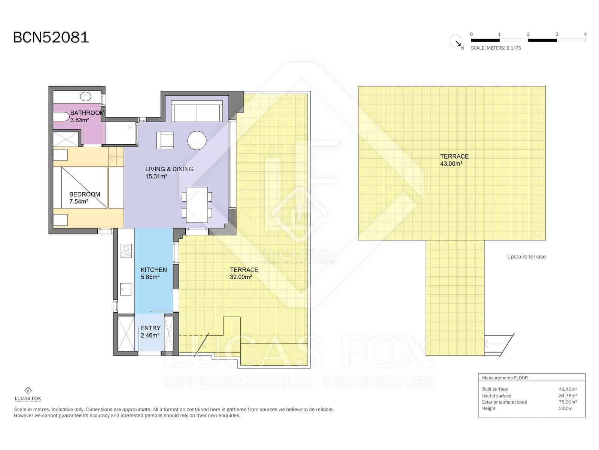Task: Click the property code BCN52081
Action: [51, 37]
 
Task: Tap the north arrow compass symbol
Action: [456, 41]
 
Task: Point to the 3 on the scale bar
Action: [557, 34]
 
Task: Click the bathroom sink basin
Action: [86, 96]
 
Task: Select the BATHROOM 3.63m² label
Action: [87, 116]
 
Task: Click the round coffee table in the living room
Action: [197, 141]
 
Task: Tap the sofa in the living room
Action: [196, 111]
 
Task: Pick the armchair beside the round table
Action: [165, 140]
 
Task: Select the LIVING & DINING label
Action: [169, 172]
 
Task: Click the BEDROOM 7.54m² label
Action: [84, 198]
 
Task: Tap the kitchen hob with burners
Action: [125, 250]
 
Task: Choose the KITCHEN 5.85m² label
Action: [153, 273]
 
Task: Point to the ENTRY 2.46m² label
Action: [150, 331]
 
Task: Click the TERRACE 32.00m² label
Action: [244, 273]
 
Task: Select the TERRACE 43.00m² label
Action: [454, 160]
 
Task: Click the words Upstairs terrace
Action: [526, 257]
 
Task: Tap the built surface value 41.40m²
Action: [568, 389]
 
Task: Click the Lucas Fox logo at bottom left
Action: [28, 394]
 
